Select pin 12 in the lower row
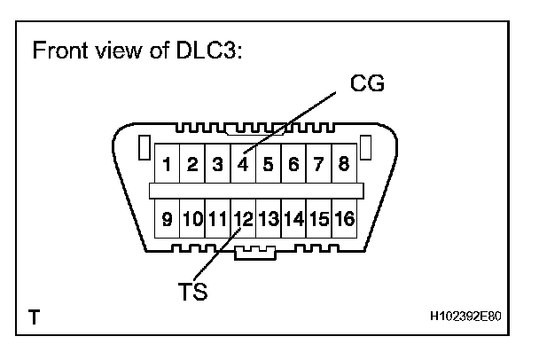243,218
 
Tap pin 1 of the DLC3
167,165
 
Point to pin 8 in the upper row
345,165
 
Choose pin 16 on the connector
345,218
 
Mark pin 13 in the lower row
269,218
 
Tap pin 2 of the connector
191,165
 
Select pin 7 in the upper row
319,165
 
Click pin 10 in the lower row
191,218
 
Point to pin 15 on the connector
319,218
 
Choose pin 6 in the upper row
293,165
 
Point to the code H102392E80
470,317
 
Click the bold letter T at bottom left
33,316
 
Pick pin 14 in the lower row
293,218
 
